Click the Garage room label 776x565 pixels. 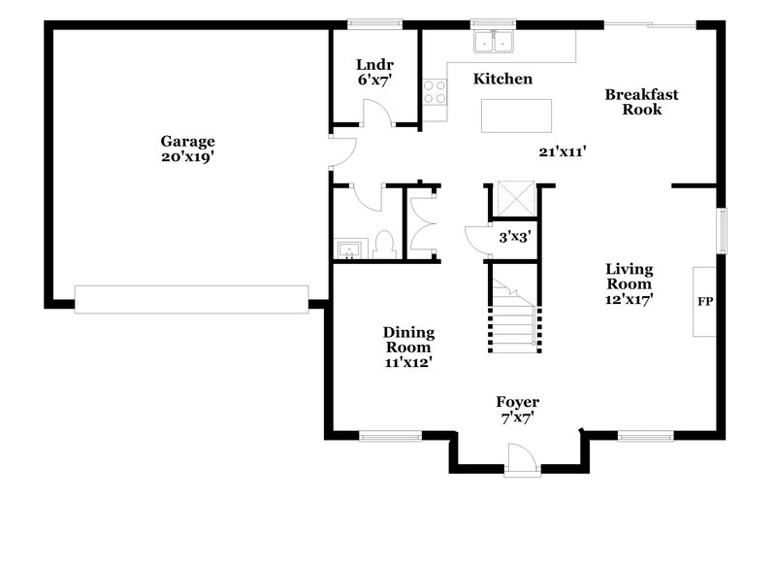(188, 141)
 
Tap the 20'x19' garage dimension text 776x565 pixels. (188, 155)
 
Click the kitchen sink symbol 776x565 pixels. (494, 42)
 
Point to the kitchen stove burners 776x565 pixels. (435, 92)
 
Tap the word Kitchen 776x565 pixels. (502, 79)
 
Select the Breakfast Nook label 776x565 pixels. (641, 102)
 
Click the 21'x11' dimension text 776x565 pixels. (565, 150)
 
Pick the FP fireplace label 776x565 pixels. (705, 302)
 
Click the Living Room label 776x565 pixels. (630, 277)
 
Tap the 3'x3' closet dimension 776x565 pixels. (514, 236)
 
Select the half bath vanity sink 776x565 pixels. (348, 249)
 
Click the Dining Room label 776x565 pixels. (408, 339)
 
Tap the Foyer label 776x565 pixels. (517, 402)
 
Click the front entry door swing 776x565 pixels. (519, 456)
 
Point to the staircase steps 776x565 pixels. (511, 325)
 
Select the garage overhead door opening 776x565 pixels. (191, 299)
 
